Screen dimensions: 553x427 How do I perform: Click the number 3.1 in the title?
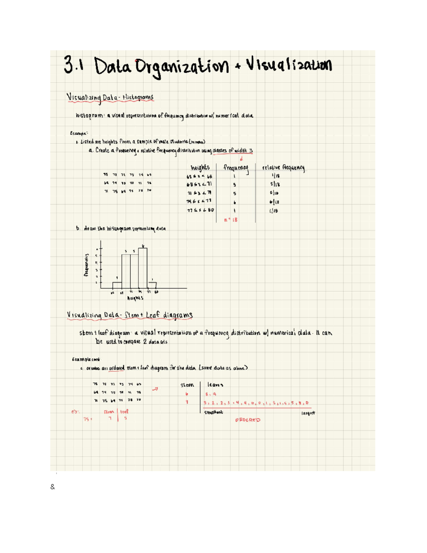tap(73, 65)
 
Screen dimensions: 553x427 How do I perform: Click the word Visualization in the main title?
tap(289, 65)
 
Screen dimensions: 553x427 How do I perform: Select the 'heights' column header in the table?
tap(200, 168)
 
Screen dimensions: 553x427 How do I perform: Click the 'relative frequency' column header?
tap(283, 168)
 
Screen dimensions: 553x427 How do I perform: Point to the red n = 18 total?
tap(231, 220)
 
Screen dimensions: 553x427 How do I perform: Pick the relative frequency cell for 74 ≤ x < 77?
tap(274, 202)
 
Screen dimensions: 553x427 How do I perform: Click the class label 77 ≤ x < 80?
tap(200, 210)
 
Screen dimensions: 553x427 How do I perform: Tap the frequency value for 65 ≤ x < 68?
tap(234, 176)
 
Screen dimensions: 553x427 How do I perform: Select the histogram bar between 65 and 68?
tap(117, 285)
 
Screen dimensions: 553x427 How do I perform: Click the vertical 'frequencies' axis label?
tap(86, 265)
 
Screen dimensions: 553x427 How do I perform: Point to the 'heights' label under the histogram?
tap(135, 298)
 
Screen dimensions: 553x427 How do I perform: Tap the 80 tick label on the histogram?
tap(157, 292)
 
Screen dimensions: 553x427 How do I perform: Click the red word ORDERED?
tap(248, 420)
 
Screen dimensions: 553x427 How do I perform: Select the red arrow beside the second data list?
tap(155, 389)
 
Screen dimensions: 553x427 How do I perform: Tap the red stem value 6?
tap(186, 394)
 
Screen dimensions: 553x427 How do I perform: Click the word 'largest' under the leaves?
tap(308, 413)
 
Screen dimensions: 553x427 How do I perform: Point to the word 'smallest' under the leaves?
tap(213, 412)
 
